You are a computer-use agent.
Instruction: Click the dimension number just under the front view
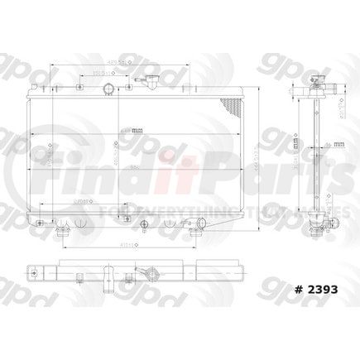click(x=124, y=244)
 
